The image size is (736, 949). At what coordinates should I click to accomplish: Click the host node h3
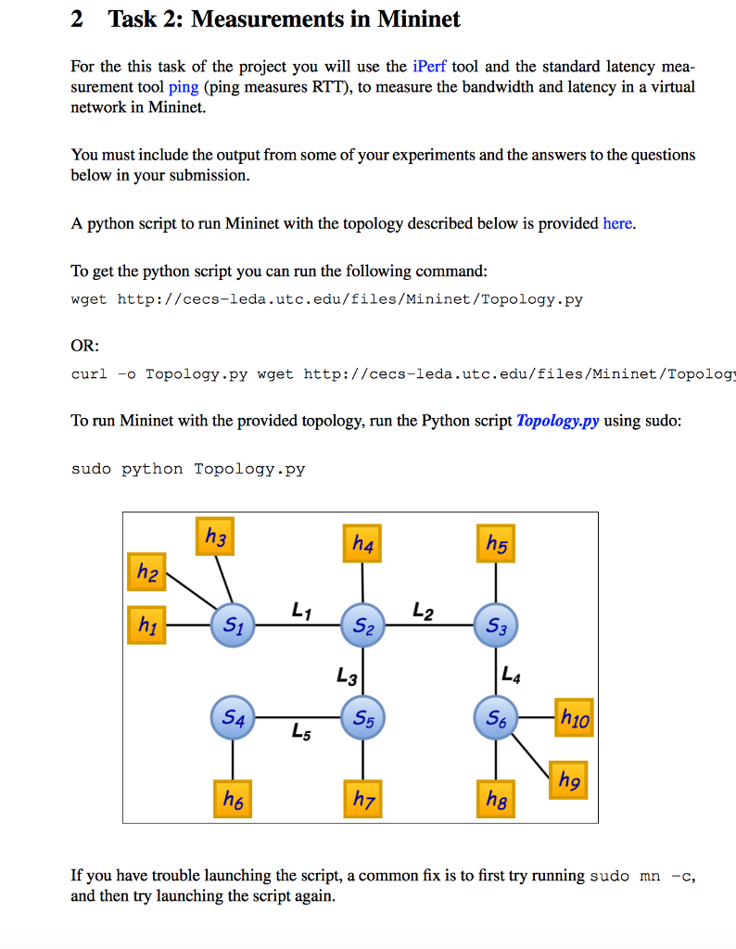click(x=215, y=537)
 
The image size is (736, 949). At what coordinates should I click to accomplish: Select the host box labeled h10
click(x=573, y=717)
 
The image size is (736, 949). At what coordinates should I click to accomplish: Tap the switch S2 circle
click(x=362, y=626)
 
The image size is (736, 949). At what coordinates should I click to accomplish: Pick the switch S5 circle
click(x=362, y=717)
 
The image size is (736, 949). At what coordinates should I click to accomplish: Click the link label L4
click(x=511, y=672)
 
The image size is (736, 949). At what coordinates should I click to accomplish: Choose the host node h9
click(x=570, y=781)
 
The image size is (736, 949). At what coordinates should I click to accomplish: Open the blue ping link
click(x=184, y=86)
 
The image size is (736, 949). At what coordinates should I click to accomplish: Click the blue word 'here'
click(x=617, y=223)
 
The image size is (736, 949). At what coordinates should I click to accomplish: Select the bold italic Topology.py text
click(x=557, y=420)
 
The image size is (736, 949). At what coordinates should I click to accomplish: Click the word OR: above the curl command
click(x=85, y=346)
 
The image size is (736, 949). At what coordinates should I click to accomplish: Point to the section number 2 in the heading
click(x=78, y=19)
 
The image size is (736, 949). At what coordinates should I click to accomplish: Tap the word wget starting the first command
click(x=89, y=299)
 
